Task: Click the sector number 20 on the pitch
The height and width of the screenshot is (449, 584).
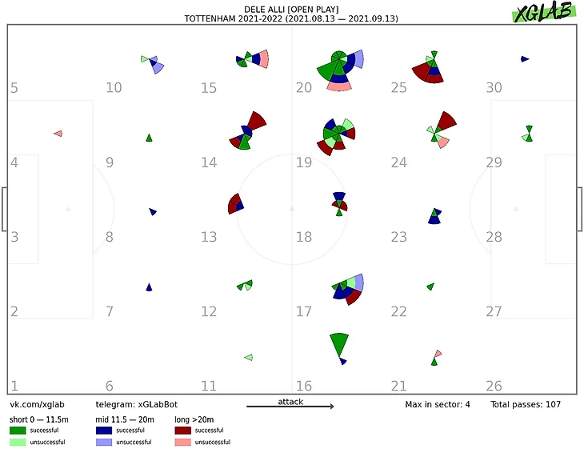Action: [303, 87]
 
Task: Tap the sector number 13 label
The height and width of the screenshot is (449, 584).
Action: [209, 237]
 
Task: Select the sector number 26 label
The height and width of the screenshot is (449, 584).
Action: [494, 387]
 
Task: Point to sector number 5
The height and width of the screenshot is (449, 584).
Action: [14, 87]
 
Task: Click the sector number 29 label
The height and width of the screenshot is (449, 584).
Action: [494, 162]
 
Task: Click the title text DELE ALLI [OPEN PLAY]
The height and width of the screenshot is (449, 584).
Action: [291, 9]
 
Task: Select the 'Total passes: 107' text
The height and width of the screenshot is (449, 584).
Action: [525, 405]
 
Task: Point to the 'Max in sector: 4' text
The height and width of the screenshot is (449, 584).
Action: [438, 405]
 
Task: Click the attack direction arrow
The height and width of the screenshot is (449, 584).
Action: [290, 407]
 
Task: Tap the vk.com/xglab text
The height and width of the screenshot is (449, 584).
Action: [37, 405]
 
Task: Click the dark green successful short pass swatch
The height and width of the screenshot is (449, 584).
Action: [18, 431]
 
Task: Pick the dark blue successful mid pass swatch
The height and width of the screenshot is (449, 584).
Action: [104, 431]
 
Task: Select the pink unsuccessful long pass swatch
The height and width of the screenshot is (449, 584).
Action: [183, 443]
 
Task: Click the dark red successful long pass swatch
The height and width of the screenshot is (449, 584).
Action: [183, 431]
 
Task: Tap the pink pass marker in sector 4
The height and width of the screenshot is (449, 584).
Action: [58, 133]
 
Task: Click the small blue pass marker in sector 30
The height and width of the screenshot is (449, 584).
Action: [524, 58]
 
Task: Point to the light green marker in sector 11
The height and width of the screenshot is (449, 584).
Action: [249, 357]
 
